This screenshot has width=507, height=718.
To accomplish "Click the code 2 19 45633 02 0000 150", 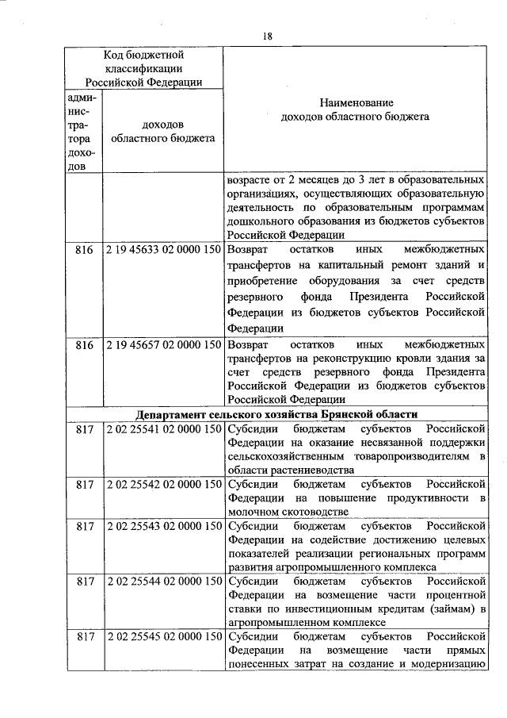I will pos(162,250).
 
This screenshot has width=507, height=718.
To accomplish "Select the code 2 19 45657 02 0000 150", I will pos(162,347).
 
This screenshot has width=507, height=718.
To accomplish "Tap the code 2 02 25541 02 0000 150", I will pos(162,429).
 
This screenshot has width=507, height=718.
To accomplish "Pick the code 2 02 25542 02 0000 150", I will pos(162,483).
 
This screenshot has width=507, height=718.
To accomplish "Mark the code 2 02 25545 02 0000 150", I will pos(162,636).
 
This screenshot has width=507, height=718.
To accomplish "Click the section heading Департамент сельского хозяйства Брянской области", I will pos(276,415).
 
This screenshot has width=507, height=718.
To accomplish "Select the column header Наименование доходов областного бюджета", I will pos(356,110).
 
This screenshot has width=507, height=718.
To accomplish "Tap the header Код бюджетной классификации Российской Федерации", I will pos(143,68).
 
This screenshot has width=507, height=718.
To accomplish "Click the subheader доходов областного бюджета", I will pos(162,131).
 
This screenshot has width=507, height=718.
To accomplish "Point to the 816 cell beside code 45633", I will pos(84,250).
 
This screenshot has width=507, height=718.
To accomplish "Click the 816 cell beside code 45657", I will pos(84,347).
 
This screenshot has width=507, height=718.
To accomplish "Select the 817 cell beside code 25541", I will pos(84,429).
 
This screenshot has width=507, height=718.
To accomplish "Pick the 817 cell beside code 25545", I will pos(84,636).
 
